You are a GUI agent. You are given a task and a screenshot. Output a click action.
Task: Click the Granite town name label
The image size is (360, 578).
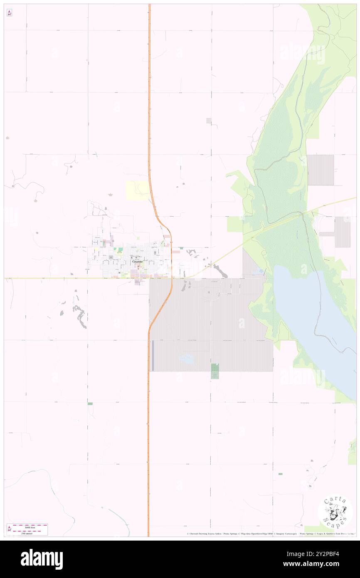pos(138,262)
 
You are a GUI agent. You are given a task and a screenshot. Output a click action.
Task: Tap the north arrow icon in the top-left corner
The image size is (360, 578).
pos(9,13)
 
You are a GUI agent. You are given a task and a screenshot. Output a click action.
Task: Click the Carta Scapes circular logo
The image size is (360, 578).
pos(335,512)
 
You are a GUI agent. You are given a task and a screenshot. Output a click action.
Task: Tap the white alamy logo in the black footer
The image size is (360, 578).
pos(42,559)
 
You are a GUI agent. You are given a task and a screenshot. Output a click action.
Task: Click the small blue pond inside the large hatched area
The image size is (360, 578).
pos(187,358)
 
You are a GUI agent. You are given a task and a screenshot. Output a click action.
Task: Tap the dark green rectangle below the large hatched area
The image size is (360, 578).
pos(215,371)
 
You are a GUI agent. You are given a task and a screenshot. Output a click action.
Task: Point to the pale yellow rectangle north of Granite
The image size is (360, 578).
pos(137,190)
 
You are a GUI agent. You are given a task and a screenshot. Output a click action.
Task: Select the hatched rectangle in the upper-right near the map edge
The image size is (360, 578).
pos(321,170)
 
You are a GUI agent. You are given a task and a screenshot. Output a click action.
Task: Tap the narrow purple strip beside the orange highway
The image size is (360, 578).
pos(153,356)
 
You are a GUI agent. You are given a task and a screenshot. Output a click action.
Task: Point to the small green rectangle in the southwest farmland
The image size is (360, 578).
pos(90,404)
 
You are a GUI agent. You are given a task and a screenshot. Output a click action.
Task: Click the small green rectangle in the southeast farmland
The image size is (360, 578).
pos(280,474)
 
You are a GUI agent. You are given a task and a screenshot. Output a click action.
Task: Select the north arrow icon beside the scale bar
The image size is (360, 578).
pos(10,529)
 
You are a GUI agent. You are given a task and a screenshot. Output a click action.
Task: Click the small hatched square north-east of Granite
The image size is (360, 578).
pos(209,121)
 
